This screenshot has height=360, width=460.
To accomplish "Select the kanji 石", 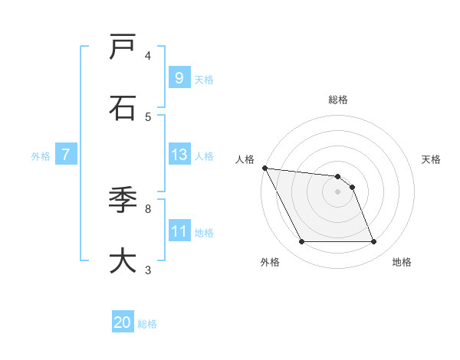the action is pos(123,108).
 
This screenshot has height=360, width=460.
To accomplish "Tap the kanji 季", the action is pos(123,200).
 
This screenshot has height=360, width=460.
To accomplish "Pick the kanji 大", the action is pos(123,260).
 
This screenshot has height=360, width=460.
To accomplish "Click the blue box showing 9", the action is pos(179,77).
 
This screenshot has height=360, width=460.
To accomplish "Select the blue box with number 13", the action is pos(179,155).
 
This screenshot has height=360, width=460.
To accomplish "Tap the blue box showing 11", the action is pos(179,231).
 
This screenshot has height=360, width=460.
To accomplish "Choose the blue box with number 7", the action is pos(66,155).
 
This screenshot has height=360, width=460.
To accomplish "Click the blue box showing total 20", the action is pos(123,322).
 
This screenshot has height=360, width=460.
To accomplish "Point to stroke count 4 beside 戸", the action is pos(148,56).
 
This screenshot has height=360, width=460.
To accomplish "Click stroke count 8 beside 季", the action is pos(148,208).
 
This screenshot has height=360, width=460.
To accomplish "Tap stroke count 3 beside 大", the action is pos(148,269).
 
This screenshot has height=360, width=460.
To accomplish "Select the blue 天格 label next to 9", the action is pos(204,79).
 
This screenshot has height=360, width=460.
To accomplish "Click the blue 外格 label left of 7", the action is pos(41,155).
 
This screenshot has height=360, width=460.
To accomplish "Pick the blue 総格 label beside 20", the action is pos(147,324).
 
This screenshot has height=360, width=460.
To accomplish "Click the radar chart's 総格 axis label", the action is pos(338,100).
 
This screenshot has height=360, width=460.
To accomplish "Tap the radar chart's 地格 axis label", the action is pos(402,262).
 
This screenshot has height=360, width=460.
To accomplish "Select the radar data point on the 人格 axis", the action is pos(264,168).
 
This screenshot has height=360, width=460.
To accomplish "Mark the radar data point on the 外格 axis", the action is pos(301,242).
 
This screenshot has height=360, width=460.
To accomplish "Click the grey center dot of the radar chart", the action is pos(337,191).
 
